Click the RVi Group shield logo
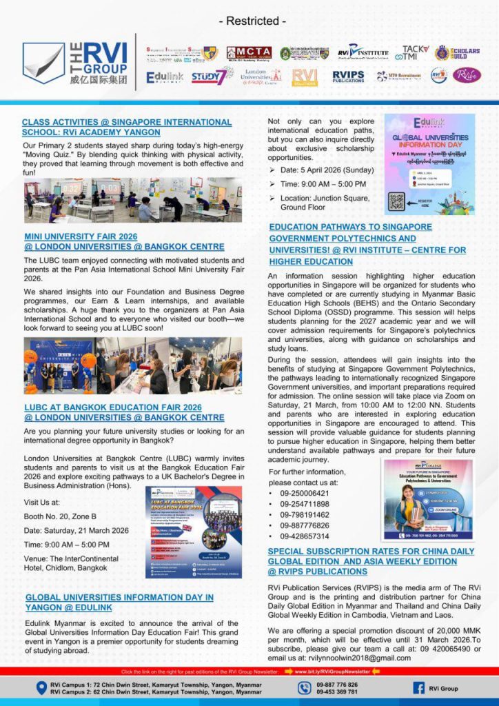click(x=43, y=63)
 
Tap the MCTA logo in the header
click(x=249, y=53)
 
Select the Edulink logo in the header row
click(x=164, y=77)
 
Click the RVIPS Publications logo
click(x=349, y=77)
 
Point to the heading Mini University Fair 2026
click(x=124, y=241)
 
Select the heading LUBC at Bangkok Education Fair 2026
click(x=124, y=412)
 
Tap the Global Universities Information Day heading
click(x=119, y=602)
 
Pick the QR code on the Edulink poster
click(x=396, y=201)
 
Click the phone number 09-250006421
click(x=304, y=494)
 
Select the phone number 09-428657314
click(x=304, y=536)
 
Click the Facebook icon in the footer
click(x=418, y=688)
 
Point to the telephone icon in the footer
click(x=305, y=688)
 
